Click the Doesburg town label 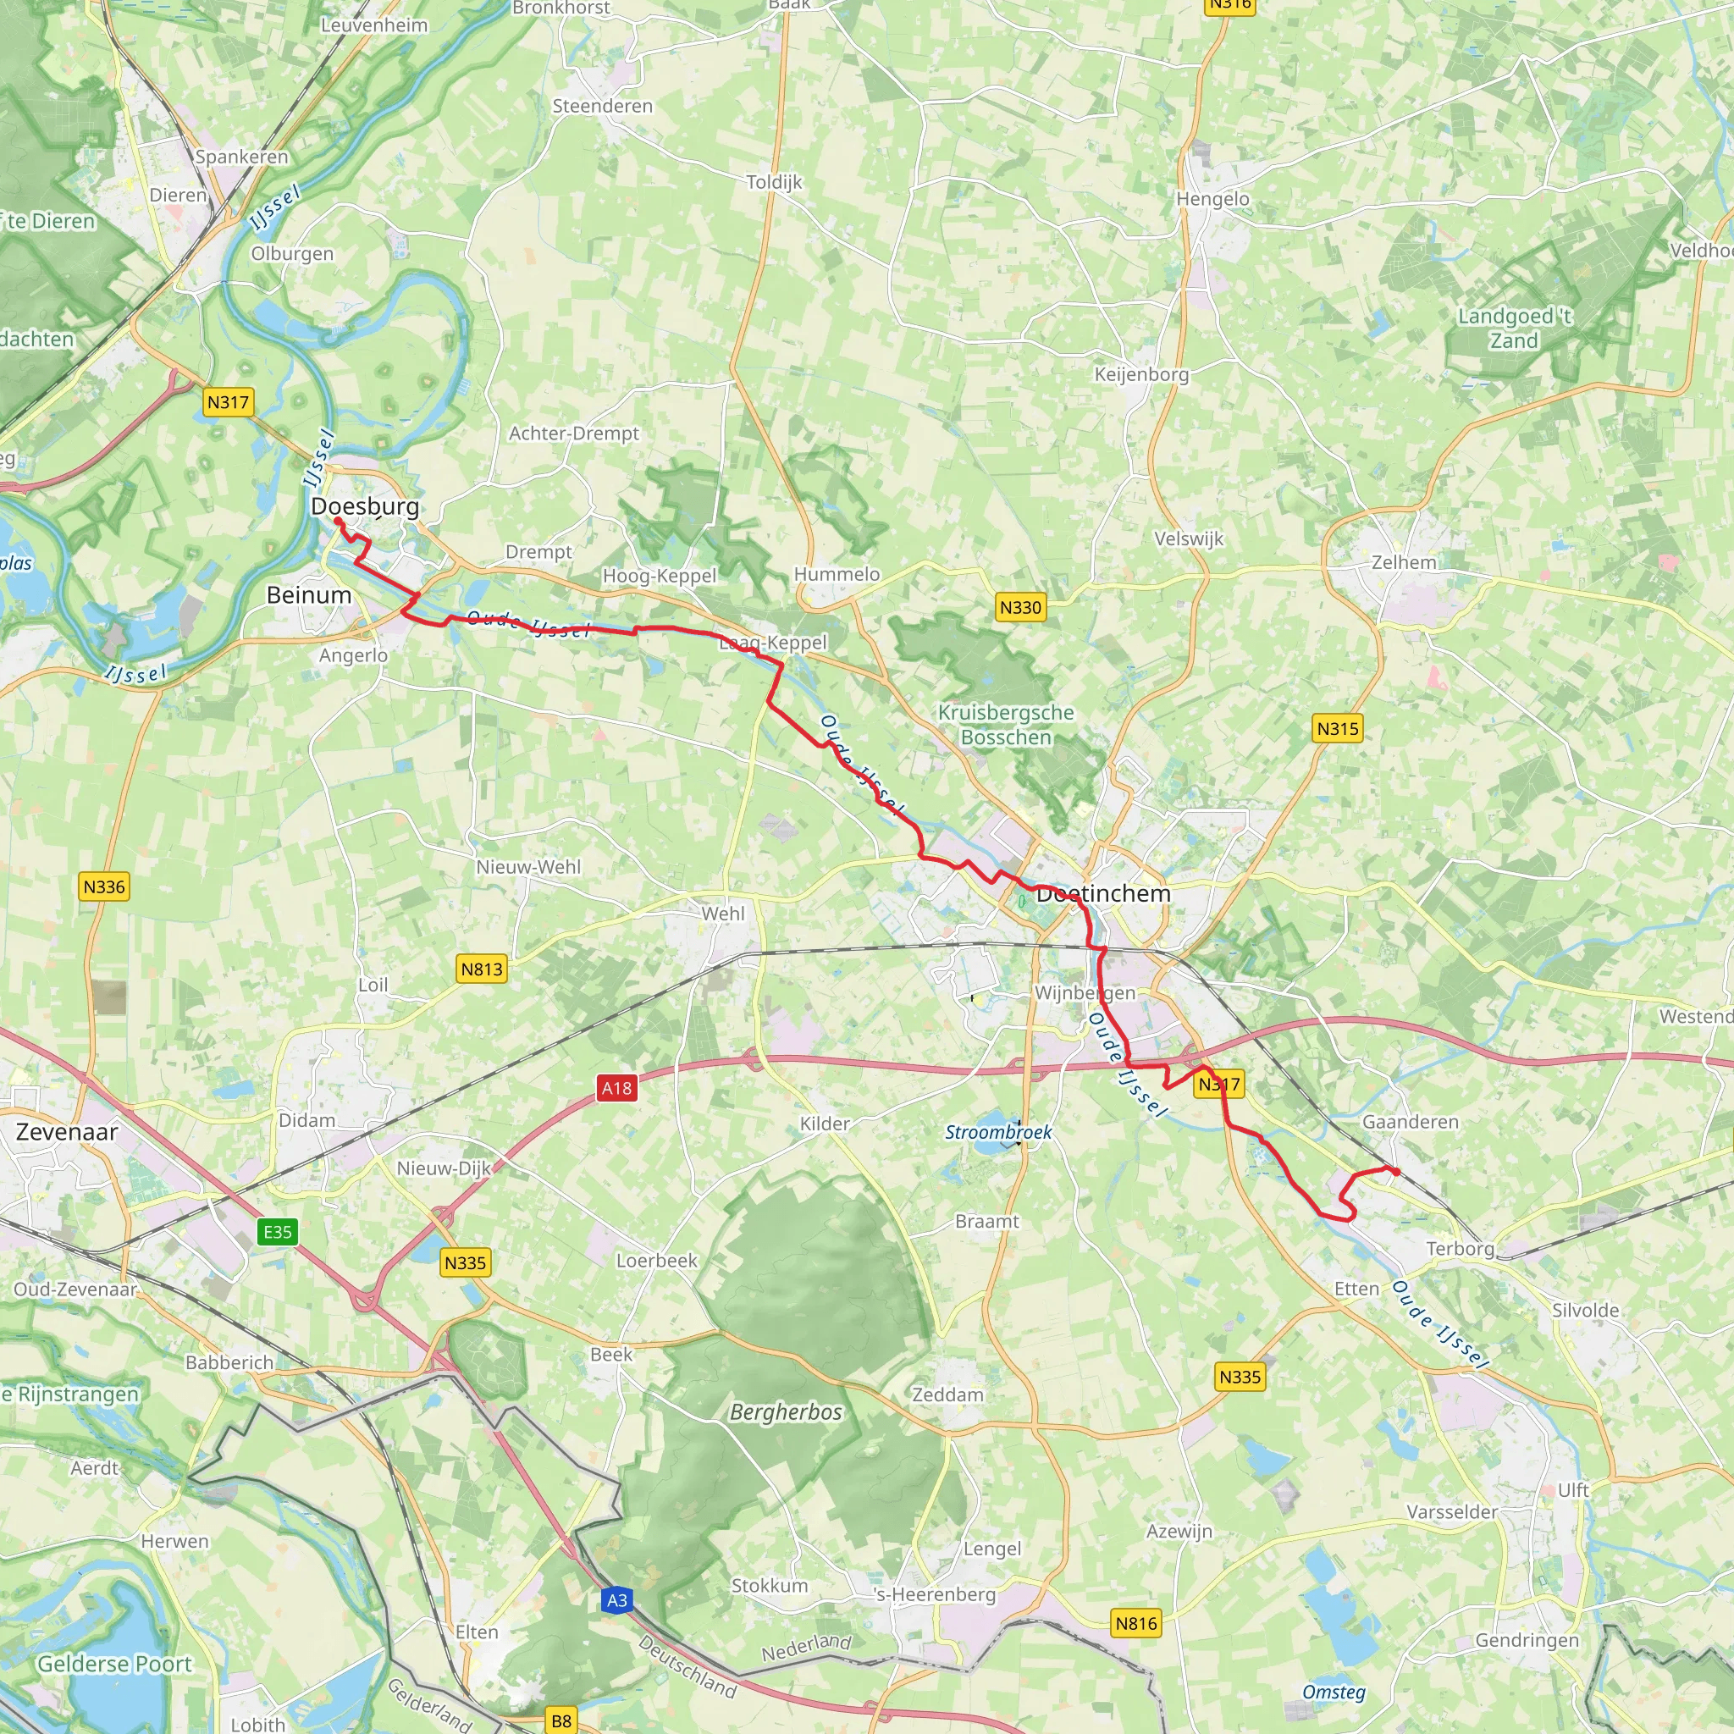pyautogui.click(x=364, y=506)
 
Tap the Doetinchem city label pyautogui.click(x=1103, y=894)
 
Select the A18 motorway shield pyautogui.click(x=616, y=1089)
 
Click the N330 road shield pyautogui.click(x=1020, y=608)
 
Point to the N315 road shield pyautogui.click(x=1337, y=729)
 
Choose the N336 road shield pyautogui.click(x=104, y=886)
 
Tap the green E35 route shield pyautogui.click(x=278, y=1231)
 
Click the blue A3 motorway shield pyautogui.click(x=616, y=1600)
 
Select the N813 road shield pyautogui.click(x=481, y=969)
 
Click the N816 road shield pyautogui.click(x=1136, y=1623)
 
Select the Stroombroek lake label pyautogui.click(x=998, y=1133)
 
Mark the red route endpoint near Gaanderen pyautogui.click(x=1396, y=1171)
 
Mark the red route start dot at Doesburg pyautogui.click(x=339, y=521)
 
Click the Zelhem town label pyautogui.click(x=1404, y=563)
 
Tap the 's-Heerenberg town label pyautogui.click(x=935, y=1594)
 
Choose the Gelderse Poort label pyautogui.click(x=114, y=1664)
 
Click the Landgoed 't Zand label pyautogui.click(x=1514, y=329)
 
